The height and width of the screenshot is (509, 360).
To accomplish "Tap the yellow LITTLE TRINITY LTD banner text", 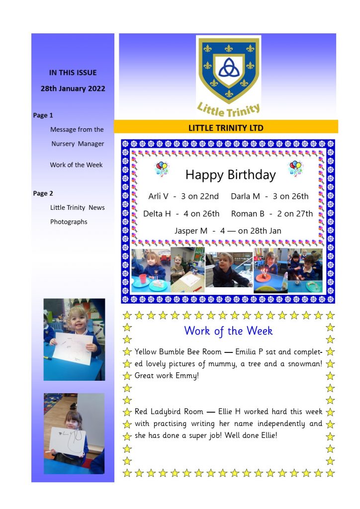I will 226,128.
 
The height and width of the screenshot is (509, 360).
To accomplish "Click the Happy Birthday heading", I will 230,174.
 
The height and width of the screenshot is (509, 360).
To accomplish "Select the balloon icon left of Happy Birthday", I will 162,169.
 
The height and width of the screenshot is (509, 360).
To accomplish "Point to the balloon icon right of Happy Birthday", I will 296,168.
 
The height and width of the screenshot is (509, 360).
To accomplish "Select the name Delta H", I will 157,214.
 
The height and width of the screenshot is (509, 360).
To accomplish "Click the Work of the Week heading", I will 228,331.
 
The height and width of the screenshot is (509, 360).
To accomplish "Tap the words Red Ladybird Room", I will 169,412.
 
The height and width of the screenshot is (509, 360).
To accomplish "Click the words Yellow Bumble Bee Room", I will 178,352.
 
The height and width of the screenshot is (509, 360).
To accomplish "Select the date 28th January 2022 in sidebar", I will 73,88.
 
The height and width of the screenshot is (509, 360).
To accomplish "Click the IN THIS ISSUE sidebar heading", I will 73,73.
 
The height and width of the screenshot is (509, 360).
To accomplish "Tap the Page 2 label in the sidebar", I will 43,193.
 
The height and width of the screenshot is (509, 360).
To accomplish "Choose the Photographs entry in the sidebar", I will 69,222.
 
